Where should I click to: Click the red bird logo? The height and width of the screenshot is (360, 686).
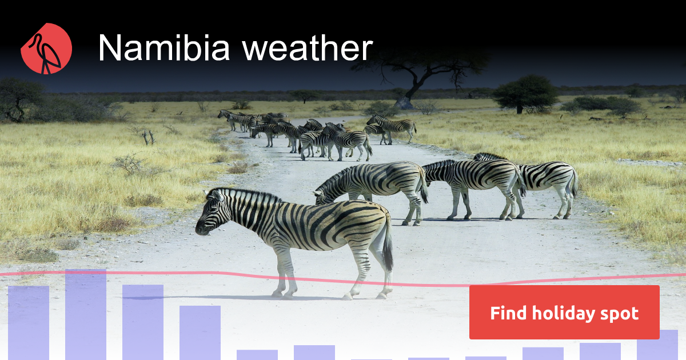pos(46,49)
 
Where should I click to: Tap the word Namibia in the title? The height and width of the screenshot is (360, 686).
pos(164,48)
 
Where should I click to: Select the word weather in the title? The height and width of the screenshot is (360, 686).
pos(307,49)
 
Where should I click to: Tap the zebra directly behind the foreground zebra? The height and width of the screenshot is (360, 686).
pos(372,183)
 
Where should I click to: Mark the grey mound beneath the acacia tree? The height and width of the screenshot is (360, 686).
pos(404,103)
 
